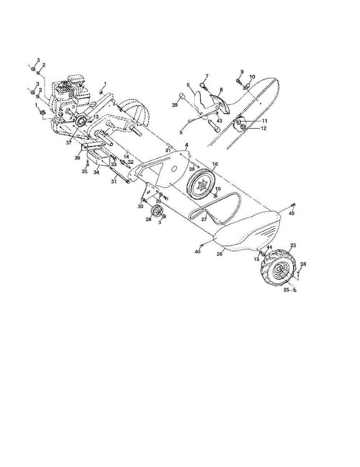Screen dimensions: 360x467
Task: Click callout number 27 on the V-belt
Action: click(204, 219)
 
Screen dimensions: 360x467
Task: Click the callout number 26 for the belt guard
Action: click(220, 254)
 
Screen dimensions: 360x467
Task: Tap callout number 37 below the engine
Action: click(69, 143)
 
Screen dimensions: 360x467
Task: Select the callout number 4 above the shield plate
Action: click(187, 145)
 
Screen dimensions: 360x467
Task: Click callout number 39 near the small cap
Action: click(175, 105)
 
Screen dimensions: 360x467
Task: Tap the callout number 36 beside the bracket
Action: click(77, 158)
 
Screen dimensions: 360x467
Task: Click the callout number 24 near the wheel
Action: click(303, 264)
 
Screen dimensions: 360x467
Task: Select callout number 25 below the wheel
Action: click(286, 290)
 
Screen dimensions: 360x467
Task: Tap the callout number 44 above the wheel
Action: click(269, 248)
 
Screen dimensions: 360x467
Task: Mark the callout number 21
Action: click(169, 150)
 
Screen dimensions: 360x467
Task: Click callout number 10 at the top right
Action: click(252, 77)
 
